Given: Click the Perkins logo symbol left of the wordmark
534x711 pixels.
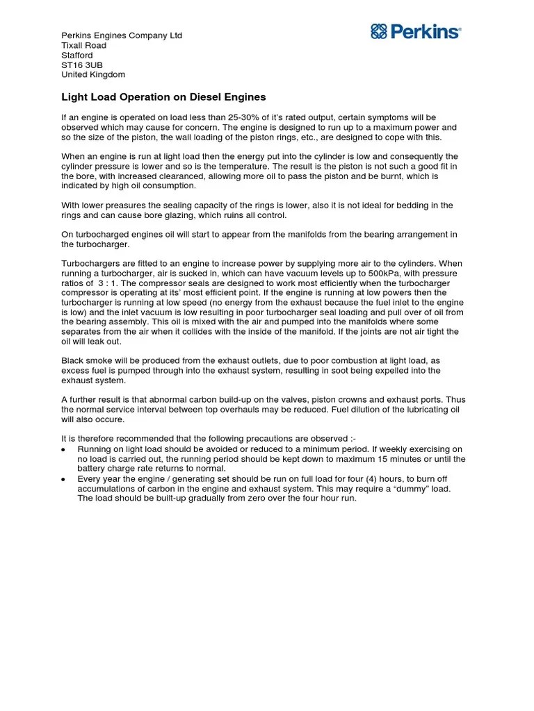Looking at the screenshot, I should tap(378, 31).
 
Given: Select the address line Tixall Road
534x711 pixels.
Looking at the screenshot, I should tap(84, 45).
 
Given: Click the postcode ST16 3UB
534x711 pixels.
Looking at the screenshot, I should tap(81, 65).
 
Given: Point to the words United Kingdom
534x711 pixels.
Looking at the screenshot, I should tap(93, 74).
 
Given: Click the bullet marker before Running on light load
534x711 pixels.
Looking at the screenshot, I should tap(64, 450).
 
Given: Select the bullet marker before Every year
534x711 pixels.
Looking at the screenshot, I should tap(64, 479).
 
